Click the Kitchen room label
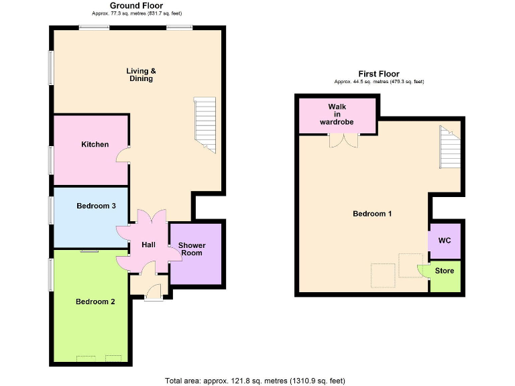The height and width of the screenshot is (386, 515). coord(95,144)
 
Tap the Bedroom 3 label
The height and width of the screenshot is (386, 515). coord(96,206)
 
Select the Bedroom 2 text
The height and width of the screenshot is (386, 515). coord(95,302)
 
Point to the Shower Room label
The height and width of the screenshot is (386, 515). coord(191,249)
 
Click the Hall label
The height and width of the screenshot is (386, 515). coord(148,245)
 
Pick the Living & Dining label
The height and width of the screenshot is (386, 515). coord(141,74)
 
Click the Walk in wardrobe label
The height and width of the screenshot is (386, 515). coord(337,115)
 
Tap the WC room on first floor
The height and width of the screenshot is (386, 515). coord(445,240)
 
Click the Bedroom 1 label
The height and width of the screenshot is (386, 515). coord(372,214)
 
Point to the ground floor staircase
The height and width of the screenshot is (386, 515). coord(205,125)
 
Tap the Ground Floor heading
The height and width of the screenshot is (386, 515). coord(137,5)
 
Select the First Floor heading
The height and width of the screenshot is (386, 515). coord(379,74)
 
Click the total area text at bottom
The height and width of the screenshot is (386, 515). coord(255,381)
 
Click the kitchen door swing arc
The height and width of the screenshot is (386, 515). coord(123,155)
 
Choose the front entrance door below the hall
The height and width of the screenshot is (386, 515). coord(153,292)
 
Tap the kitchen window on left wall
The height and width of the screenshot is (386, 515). coord(50,161)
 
